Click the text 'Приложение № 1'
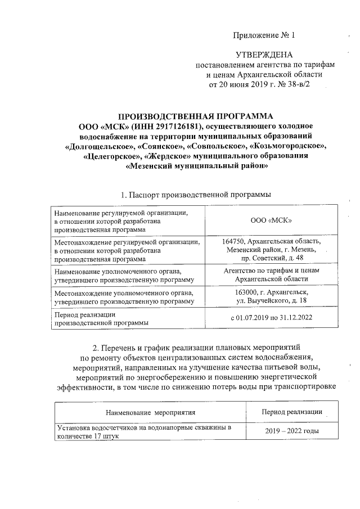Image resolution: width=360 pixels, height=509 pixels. [264, 36]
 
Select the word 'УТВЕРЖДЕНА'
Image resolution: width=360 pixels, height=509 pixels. [264, 55]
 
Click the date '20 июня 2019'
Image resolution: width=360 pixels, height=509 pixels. [243, 84]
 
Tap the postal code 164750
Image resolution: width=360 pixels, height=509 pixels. [235, 241]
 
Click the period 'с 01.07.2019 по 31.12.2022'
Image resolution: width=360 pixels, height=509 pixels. [272, 318]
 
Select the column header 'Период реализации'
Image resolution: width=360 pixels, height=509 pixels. [292, 412]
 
